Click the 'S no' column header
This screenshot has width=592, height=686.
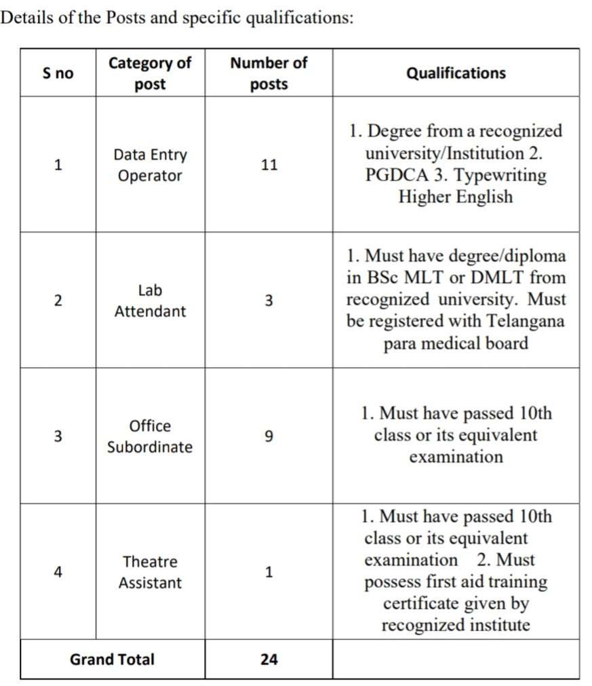tap(58, 73)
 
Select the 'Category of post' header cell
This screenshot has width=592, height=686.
tap(150, 73)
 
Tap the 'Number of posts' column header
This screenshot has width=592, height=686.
tap(269, 73)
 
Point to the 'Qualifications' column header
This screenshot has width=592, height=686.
tap(456, 73)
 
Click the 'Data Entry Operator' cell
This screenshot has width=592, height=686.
tap(150, 165)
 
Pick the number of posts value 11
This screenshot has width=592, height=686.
tap(269, 165)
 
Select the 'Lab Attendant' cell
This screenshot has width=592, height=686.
tap(150, 301)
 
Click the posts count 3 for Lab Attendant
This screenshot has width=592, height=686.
tap(269, 301)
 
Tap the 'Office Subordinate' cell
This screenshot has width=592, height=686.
tap(150, 436)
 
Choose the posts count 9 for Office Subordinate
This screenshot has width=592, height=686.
tap(269, 436)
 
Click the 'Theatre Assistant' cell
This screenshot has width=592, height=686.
tap(150, 572)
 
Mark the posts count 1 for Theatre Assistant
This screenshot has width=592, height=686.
tap(269, 572)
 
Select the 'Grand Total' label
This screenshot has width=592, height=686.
tap(112, 659)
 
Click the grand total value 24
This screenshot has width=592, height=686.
tap(269, 659)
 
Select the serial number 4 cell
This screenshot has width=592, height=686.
tap(58, 572)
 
